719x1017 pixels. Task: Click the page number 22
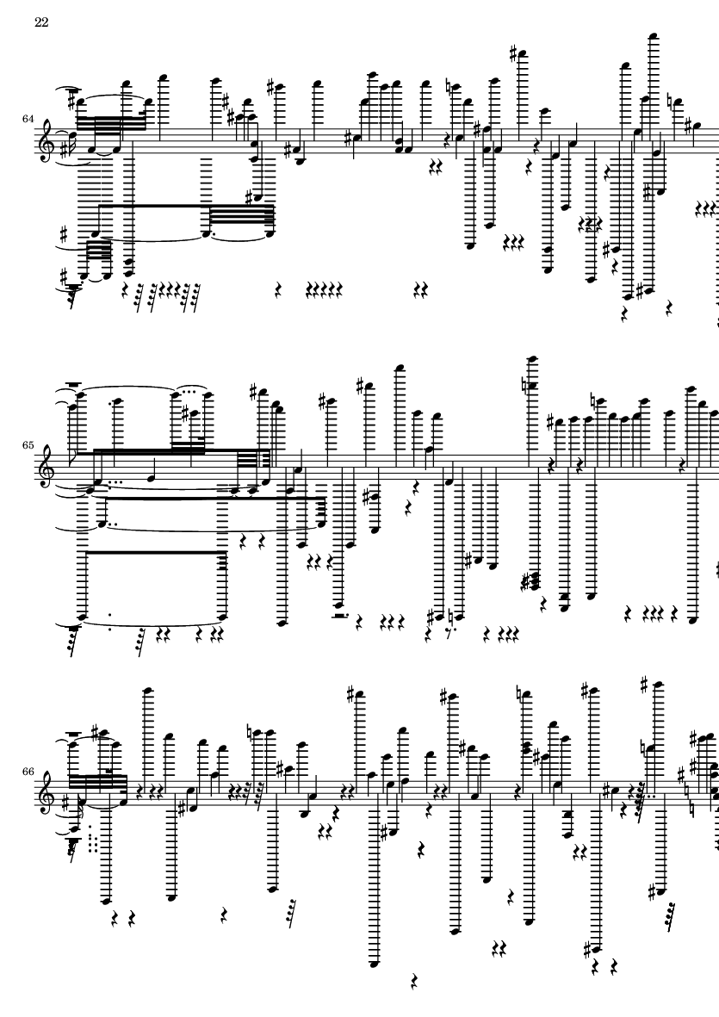(41, 22)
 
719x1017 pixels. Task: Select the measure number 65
(28, 446)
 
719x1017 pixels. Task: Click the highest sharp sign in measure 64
(514, 54)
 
